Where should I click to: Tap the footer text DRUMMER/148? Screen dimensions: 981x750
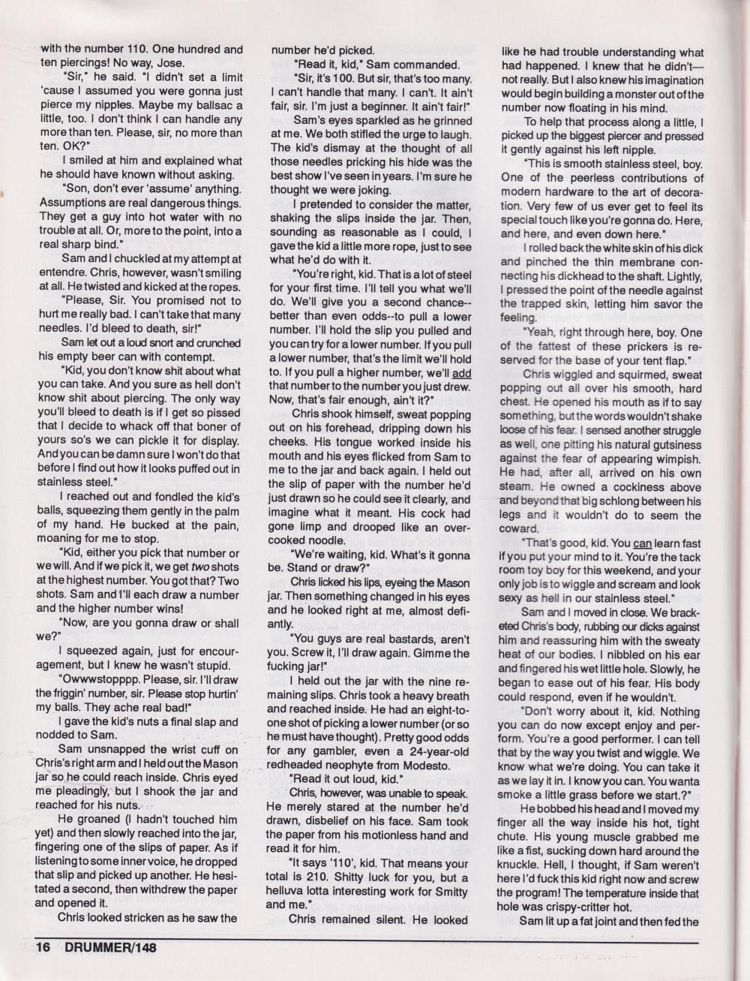click(106, 947)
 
